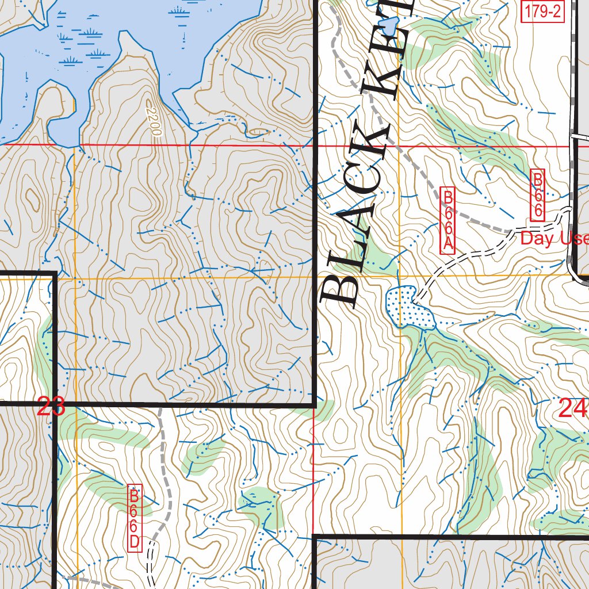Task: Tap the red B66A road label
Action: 448,220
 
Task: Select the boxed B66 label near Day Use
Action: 537,195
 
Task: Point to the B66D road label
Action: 135,518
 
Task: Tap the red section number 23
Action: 51,408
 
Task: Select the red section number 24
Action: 572,409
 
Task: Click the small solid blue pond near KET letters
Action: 391,26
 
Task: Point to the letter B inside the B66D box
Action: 135,495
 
